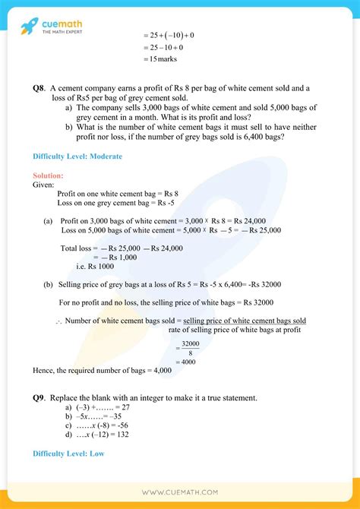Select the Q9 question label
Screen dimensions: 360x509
[39, 397]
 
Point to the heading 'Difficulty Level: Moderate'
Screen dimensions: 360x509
[77, 156]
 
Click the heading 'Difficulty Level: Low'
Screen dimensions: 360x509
[68, 454]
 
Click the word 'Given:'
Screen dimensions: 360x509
[44, 185]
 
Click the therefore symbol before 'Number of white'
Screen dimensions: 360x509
[58, 321]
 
